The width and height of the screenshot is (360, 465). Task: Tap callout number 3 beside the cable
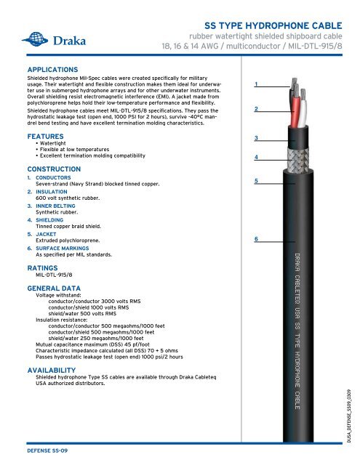point(256,139)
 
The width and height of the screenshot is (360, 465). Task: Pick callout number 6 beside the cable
point(256,238)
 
